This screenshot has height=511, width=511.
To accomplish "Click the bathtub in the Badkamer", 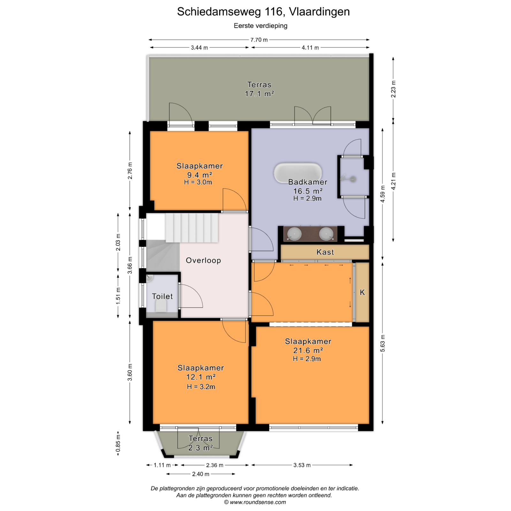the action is pos(298,173).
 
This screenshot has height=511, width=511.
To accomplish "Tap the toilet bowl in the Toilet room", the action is pos(161,307).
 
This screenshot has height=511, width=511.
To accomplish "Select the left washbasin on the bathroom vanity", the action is pos(294,233).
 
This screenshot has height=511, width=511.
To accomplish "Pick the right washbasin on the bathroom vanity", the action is pos(326,233).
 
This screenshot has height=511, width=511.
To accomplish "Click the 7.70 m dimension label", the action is pos(259,40).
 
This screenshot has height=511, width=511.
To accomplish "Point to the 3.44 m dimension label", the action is pos(199,48).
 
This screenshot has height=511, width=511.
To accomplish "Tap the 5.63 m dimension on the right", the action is pos(383,343).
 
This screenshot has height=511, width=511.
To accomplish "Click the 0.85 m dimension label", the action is pos(118,444).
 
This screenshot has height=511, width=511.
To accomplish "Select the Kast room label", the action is pos(325,252).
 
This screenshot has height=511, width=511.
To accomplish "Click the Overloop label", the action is pos(203,260).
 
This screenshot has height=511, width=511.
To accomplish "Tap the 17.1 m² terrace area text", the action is pos(259,94).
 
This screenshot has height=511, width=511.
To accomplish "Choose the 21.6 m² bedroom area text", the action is pos(308,350).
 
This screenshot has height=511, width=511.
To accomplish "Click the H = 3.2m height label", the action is pos(201,386).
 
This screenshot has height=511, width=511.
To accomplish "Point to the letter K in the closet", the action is pos(362,292).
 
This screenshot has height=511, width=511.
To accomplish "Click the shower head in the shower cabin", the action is pos(353,179).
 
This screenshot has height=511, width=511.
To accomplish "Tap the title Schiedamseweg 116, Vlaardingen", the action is pos(263,11).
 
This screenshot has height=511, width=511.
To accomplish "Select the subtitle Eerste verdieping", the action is pos(261,26).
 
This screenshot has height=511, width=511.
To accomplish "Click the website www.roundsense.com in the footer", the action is pos(257,502).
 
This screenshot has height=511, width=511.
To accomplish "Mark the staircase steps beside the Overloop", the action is pos(192,228).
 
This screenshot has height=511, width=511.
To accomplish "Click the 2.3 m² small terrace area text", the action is pos(201,448).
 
